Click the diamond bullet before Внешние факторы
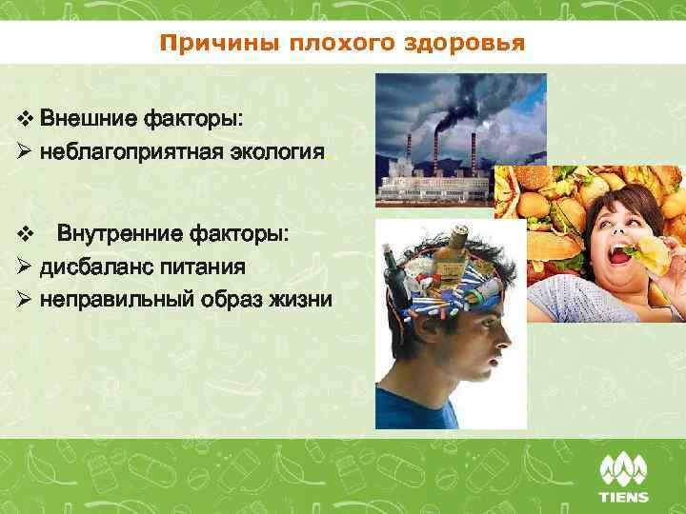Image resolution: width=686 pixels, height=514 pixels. click(x=25, y=121)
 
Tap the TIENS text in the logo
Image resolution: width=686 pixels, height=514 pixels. click(x=623, y=496)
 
